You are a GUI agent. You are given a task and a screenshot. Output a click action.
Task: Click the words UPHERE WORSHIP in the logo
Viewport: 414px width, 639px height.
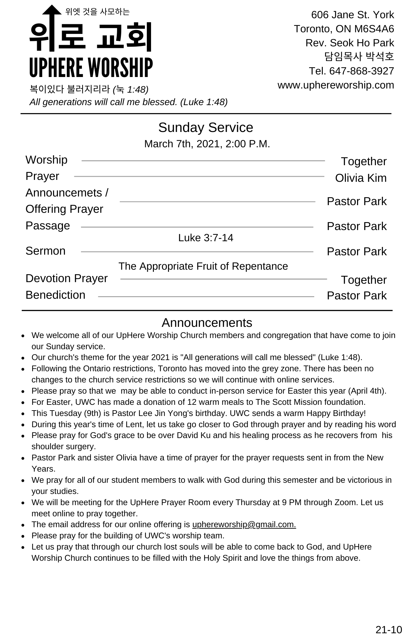[91, 67]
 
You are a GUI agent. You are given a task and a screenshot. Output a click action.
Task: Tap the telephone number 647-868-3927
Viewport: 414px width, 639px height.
[362, 71]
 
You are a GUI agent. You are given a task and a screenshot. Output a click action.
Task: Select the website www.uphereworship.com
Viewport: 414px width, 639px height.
[336, 85]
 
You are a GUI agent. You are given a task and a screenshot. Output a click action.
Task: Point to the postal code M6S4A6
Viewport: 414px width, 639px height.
[374, 29]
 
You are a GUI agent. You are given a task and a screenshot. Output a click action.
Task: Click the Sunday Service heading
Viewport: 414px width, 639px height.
[206, 127]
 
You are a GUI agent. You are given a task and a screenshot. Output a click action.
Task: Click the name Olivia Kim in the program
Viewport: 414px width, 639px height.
[361, 178]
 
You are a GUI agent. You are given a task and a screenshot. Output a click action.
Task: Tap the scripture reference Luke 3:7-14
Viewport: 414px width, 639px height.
[206, 238]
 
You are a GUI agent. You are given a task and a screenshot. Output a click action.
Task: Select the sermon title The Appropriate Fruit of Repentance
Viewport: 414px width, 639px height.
[203, 266]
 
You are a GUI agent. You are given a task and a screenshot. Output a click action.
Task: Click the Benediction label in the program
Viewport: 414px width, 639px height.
[55, 295]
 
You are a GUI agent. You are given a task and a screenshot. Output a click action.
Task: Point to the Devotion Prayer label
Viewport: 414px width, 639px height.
[67, 278]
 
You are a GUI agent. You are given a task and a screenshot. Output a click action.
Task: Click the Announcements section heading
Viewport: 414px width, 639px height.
[207, 323]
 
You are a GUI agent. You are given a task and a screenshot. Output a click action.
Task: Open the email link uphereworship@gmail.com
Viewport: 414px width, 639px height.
[244, 524]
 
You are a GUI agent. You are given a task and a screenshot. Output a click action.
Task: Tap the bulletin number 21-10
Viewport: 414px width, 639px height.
[388, 629]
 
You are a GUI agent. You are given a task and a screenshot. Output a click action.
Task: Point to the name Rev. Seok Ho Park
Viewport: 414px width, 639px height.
[350, 43]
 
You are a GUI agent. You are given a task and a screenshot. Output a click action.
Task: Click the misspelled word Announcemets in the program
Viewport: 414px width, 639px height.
[64, 193]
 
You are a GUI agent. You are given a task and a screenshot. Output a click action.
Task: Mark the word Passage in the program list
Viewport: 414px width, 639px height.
[48, 226]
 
